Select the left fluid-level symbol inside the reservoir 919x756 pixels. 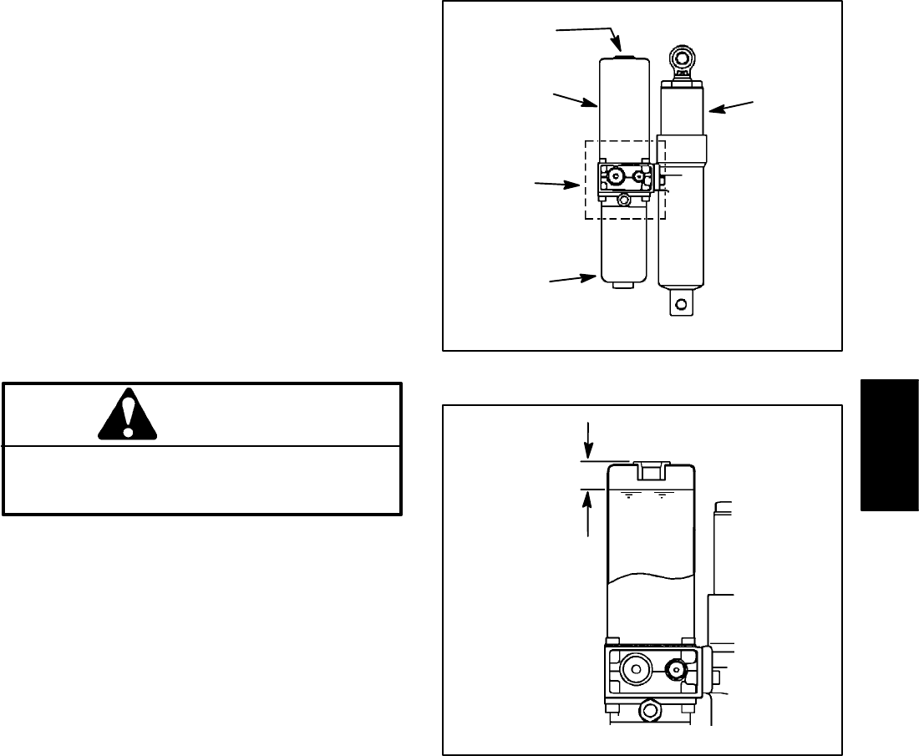(x=628, y=495)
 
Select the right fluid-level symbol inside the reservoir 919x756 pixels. (x=662, y=495)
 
